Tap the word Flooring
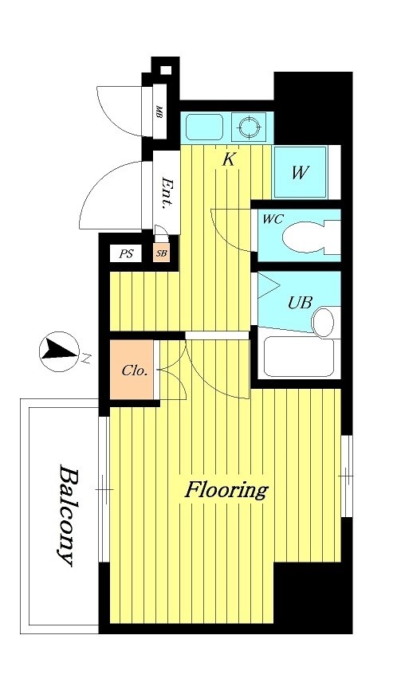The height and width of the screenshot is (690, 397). [226, 490]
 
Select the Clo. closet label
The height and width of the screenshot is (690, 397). [134, 370]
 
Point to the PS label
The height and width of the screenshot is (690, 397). [126, 254]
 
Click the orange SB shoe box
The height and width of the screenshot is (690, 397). [162, 254]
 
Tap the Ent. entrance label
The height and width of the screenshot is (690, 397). [167, 192]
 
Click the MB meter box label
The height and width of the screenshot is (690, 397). [159, 113]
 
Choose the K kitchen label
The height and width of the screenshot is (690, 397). [229, 159]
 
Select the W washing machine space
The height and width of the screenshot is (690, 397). [300, 172]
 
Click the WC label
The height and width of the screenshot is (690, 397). [273, 218]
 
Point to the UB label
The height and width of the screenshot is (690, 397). [300, 302]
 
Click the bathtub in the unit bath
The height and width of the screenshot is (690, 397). [299, 357]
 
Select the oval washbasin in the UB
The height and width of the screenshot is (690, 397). [323, 322]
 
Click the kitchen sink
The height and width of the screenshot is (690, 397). [204, 127]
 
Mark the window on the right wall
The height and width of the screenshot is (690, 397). [347, 476]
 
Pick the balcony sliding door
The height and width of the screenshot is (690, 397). [104, 489]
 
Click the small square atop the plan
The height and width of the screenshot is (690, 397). [165, 70]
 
